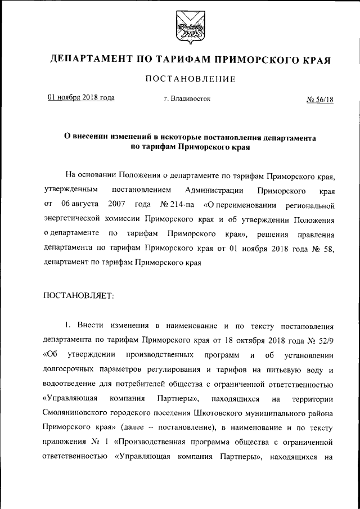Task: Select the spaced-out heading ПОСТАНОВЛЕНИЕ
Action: point(190,79)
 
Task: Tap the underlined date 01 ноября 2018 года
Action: point(81,98)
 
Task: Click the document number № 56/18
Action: point(320,100)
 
